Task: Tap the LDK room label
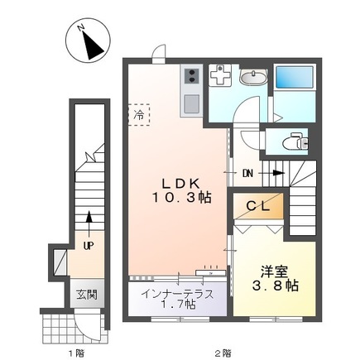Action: pyautogui.click(x=178, y=182)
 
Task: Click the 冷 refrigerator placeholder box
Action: pyautogui.click(x=138, y=115)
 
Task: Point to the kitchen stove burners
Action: pyautogui.click(x=190, y=78)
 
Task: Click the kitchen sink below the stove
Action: pyautogui.click(x=190, y=103)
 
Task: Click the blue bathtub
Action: pyautogui.click(x=295, y=79)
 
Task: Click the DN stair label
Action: pyautogui.click(x=249, y=174)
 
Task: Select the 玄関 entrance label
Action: pyautogui.click(x=87, y=295)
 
